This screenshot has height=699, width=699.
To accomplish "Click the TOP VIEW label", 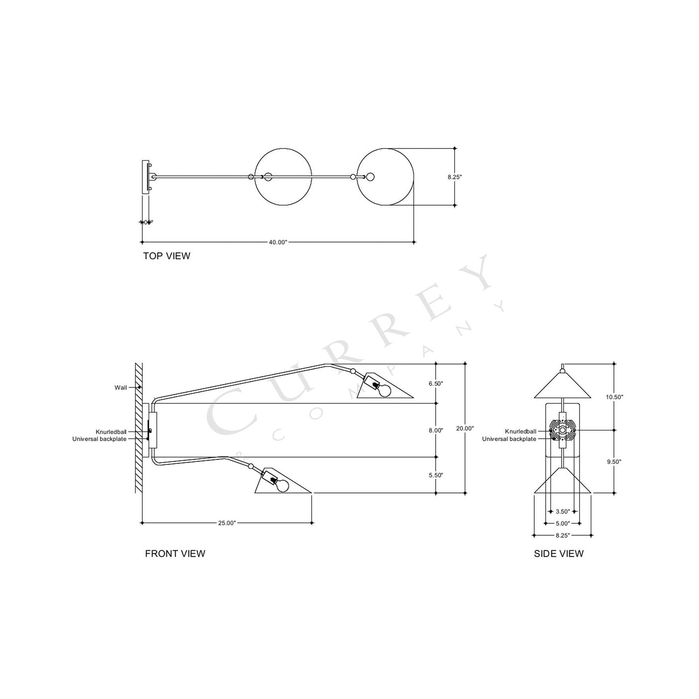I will click(166, 256).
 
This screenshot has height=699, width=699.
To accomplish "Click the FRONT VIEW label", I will click(175, 553).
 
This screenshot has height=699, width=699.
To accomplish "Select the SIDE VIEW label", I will click(559, 553).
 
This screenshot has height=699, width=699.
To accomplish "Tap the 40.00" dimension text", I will click(278, 242).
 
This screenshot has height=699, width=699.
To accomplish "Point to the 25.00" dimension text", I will click(227, 523).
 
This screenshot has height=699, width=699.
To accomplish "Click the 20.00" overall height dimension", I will click(465, 428).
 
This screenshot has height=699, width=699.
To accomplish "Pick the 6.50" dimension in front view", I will click(436, 384).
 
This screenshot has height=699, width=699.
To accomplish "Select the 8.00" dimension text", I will click(436, 430).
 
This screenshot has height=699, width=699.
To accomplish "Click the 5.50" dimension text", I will click(436, 475).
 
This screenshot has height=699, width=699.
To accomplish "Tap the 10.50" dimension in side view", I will click(614, 397).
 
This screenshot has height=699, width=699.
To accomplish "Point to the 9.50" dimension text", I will click(614, 461).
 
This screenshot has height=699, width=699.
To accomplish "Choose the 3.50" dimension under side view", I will click(562, 511).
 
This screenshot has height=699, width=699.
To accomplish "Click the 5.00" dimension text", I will click(562, 523).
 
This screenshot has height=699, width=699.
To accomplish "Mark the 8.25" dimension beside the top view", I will click(455, 177).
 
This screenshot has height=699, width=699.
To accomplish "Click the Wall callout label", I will click(121, 387).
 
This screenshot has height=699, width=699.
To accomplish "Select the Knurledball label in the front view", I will click(111, 432).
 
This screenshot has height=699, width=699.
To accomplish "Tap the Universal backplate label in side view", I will click(509, 439).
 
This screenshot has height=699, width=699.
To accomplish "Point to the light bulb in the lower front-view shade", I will click(282, 486).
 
